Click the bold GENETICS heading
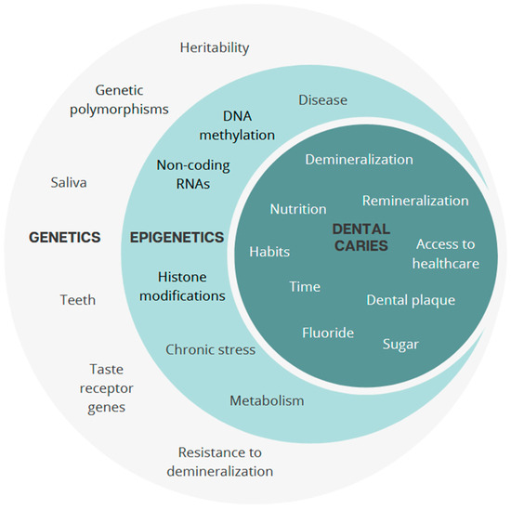[64, 238]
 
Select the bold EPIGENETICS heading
[177, 238]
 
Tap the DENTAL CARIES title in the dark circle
[360, 237]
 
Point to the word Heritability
[215, 47]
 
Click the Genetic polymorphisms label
[132, 99]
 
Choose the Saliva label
[69, 183]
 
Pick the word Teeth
[77, 300]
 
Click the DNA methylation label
[236, 125]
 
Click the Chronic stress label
[210, 350]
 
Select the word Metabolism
[267, 400]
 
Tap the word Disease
[322, 100]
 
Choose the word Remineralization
[415, 201]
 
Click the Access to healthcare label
[447, 254]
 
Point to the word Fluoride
[327, 333]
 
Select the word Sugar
[400, 344]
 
